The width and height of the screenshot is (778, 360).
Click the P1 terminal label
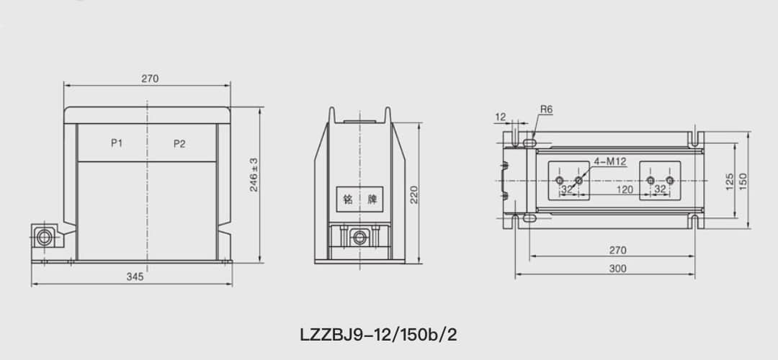pos(117,143)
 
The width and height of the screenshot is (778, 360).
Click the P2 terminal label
pos(179,143)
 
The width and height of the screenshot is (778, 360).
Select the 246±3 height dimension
pos(254,174)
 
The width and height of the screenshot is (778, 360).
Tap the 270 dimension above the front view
pos(150,78)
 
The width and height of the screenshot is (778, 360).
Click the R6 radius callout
pos(546,109)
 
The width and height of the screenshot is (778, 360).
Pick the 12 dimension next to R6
pos(501,116)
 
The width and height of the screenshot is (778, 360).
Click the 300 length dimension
pos(617,269)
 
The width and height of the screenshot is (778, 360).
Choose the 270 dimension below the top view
pos(617,251)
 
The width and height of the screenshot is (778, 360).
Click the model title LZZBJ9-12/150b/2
pos(377,335)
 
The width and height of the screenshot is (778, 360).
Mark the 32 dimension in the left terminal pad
pos(567,189)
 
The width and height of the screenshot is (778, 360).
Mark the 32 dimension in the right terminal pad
pos(660,189)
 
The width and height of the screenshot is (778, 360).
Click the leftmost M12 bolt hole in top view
pos(560,180)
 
